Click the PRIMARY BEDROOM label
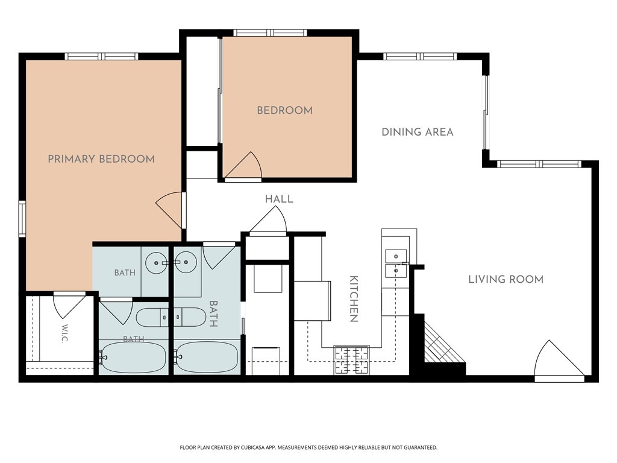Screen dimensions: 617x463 101,159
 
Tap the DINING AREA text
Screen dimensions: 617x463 418,132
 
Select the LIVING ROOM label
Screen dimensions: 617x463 506,280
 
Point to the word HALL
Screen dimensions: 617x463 279,199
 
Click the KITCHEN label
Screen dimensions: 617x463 354,299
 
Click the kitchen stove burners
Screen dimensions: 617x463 351,360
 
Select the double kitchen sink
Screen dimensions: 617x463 396,263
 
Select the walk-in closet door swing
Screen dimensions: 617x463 70,305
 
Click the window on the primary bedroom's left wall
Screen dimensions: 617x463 22,219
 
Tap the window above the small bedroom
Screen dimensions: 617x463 270,33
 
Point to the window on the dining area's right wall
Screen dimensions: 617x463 486,113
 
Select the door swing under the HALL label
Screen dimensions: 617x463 268,220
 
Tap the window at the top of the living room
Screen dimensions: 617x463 539,164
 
